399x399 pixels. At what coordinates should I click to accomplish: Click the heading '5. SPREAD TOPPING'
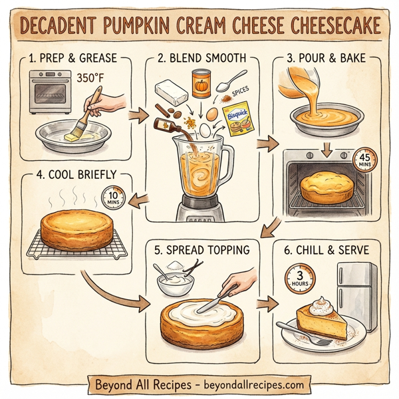(201, 251)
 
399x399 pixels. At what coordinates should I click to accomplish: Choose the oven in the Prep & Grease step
(47, 92)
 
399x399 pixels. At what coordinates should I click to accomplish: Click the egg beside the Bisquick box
(212, 115)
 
